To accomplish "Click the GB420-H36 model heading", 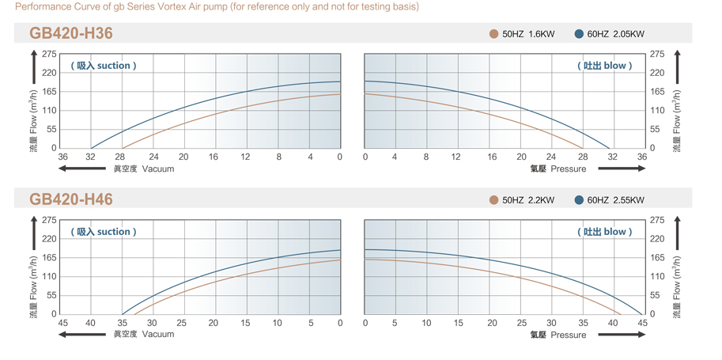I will (x=71, y=33).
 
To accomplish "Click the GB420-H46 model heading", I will (x=71, y=199).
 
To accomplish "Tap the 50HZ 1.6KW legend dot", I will (x=494, y=34).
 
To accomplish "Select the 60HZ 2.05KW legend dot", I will (x=579, y=34).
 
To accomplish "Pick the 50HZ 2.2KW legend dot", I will (x=494, y=200).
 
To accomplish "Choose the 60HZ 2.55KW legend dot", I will (x=579, y=200).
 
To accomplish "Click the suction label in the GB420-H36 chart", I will (x=104, y=66).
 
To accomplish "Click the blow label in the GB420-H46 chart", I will (x=604, y=232).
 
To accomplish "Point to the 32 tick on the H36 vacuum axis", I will (x=92, y=157).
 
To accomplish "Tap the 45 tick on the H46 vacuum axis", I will (x=62, y=323).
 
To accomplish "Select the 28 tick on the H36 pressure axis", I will (x=582, y=157).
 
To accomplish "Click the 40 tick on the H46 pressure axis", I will (x=614, y=323).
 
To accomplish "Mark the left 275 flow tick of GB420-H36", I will (x=48, y=54).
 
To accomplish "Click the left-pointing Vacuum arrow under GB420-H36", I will (x=82, y=169).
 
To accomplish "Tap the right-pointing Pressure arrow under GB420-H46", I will (x=622, y=335).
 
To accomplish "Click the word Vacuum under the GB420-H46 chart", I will (x=158, y=335).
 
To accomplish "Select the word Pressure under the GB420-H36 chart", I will (x=569, y=169).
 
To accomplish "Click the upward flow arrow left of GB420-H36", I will (x=34, y=67).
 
